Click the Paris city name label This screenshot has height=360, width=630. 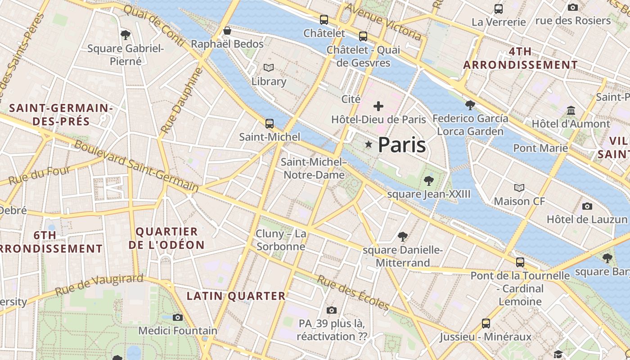pos(401,145)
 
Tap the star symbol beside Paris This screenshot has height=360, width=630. pos(369,144)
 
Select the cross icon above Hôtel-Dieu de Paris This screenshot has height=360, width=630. pos(378,106)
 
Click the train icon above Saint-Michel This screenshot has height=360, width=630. pos(270,123)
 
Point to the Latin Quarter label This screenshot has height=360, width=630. pos(236,296)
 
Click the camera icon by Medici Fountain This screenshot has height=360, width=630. pos(178,317)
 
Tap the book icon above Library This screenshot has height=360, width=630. pos(269,68)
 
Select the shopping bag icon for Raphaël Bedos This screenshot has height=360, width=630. pos(227,31)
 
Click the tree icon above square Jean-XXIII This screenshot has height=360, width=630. pos(428,181)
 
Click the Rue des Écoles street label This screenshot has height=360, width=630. pos(353,292)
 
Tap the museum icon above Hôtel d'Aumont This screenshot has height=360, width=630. pos(571,110)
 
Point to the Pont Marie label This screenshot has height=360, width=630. pos(540,148)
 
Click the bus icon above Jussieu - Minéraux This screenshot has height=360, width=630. pos(486,323)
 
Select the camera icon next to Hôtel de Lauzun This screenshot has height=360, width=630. pos(587,206)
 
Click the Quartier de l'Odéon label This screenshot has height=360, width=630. pos(166,238)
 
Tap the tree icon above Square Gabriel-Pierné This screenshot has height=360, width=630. pos(126,35)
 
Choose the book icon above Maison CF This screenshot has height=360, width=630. pos(519,188)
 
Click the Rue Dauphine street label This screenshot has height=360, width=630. pos(179,101)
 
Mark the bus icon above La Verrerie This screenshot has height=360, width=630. pos(498,9)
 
